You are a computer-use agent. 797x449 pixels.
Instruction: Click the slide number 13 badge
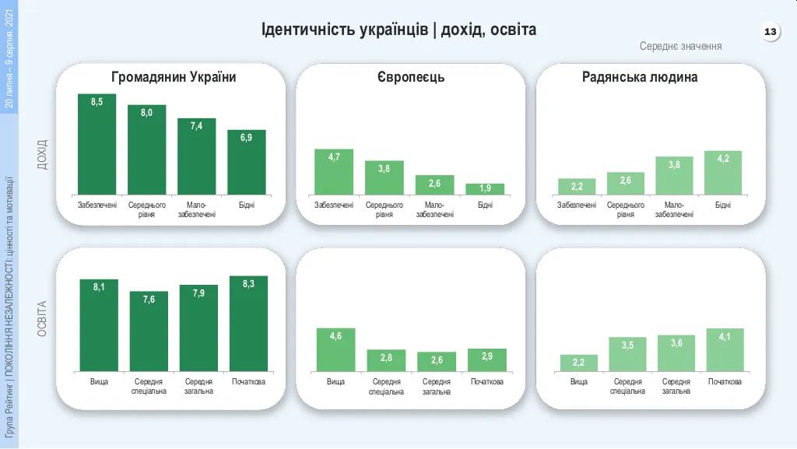[770, 32]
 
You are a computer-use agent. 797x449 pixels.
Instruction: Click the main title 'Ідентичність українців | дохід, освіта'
[398, 30]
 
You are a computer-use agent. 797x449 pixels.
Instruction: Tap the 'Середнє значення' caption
[680, 46]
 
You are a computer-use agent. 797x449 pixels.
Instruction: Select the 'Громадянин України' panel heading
[174, 77]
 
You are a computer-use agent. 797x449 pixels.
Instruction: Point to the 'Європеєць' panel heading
[411, 77]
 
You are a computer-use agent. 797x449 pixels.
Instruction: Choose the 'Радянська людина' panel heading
[651, 77]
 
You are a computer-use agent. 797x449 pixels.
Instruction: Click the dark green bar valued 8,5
[97, 144]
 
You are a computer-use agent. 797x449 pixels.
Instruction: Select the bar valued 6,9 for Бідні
[247, 162]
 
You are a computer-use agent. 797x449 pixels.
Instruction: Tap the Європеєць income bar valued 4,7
[334, 171]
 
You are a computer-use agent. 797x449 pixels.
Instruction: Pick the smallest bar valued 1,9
[485, 188]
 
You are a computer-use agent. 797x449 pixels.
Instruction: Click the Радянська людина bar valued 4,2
[723, 172]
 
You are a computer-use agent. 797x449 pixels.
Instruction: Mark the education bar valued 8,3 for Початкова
[248, 323]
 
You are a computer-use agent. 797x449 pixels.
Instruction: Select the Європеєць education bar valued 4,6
[335, 349]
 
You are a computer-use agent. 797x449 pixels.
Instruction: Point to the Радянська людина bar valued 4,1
[725, 349]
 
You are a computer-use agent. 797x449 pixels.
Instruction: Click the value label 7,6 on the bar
[148, 300]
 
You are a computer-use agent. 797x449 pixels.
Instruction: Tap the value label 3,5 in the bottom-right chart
[627, 345]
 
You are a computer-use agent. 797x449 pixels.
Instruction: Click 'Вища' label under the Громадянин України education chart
[99, 382]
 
